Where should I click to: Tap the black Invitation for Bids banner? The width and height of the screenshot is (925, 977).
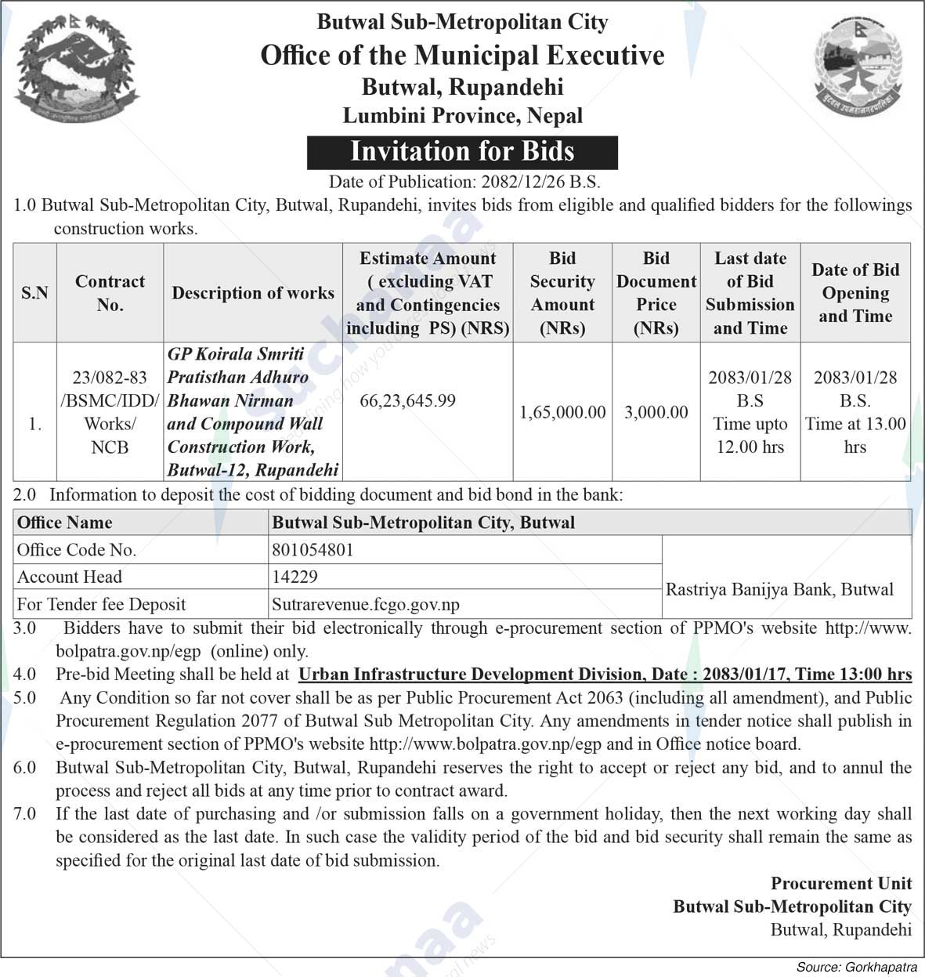click(x=462, y=152)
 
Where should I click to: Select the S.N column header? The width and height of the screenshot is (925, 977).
click(x=34, y=293)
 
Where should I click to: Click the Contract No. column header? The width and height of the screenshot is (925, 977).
click(x=110, y=293)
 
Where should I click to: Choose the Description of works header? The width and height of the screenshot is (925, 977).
click(x=253, y=293)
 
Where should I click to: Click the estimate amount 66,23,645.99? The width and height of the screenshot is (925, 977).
click(x=407, y=401)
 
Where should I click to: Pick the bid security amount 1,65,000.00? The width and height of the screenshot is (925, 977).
click(x=562, y=412)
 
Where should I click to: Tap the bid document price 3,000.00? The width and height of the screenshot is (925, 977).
click(x=656, y=412)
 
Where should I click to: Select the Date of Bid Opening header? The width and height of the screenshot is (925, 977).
click(x=855, y=293)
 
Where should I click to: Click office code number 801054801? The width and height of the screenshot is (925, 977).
click(x=313, y=550)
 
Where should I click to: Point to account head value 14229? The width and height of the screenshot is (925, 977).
click(x=294, y=577)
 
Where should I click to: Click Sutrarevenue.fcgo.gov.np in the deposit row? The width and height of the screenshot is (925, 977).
click(x=366, y=605)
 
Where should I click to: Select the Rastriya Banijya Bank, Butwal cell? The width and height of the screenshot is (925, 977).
click(x=779, y=590)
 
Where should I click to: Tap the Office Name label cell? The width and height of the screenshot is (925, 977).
click(x=65, y=523)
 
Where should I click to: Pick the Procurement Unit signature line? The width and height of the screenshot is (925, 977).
click(x=841, y=884)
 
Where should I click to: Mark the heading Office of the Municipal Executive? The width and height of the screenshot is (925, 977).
click(x=462, y=56)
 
